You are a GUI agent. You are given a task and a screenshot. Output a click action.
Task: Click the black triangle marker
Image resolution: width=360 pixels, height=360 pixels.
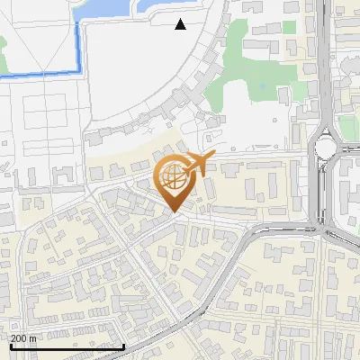[x=181, y=24]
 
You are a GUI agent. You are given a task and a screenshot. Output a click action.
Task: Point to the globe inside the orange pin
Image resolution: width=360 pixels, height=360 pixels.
[x=174, y=179]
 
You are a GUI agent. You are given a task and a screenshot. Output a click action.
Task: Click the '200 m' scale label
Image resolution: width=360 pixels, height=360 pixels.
[x=23, y=338]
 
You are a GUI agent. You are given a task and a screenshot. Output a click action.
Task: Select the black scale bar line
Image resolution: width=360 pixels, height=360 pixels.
[x=67, y=346]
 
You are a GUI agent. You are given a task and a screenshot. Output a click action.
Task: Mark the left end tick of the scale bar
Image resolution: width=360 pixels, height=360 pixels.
[x=10, y=344]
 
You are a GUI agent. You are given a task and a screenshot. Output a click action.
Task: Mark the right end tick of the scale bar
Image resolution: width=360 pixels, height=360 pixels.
[x=123, y=344]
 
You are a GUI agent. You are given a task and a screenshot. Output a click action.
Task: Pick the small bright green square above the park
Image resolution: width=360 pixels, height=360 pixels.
[x=290, y=26]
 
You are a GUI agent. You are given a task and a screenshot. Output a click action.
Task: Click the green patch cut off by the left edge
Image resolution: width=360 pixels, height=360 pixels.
[x=3, y=40]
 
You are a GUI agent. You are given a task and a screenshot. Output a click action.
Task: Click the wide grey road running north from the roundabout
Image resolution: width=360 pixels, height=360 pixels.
[x=321, y=63]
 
